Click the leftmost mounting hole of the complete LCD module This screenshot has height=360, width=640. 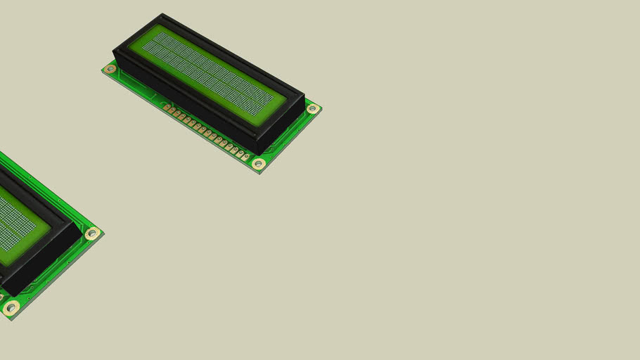[x=110, y=69]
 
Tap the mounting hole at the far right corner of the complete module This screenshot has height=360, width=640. [x=312, y=109]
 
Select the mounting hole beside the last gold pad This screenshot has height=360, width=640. [x=258, y=164]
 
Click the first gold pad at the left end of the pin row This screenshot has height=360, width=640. [x=167, y=108]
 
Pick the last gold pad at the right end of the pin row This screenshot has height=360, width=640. [x=245, y=156]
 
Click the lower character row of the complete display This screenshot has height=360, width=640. [x=204, y=79]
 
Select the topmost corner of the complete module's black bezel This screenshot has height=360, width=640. [x=162, y=15]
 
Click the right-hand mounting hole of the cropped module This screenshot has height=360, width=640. [x=92, y=233]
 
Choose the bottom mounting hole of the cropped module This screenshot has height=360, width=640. [x=11, y=307]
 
